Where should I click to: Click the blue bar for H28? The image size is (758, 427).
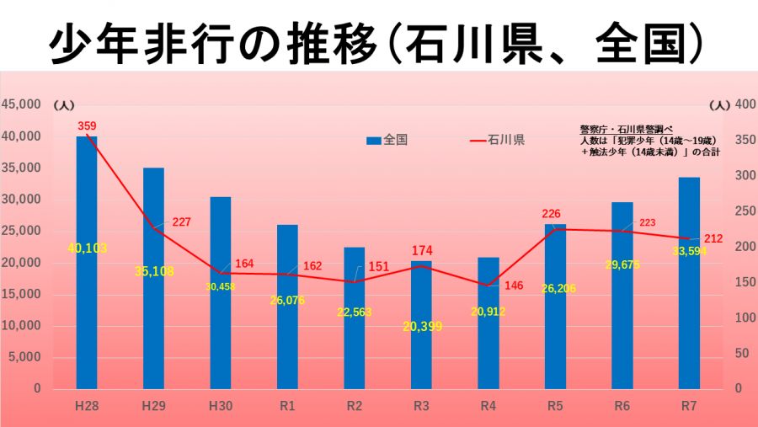click(87, 261)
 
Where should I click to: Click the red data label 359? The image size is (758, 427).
click(87, 126)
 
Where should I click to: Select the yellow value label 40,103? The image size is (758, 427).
click(87, 248)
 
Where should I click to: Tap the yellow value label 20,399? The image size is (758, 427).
click(422, 327)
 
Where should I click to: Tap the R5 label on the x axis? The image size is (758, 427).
click(555, 406)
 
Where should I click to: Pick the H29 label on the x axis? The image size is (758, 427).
click(153, 406)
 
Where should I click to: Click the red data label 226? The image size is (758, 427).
click(551, 214)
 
